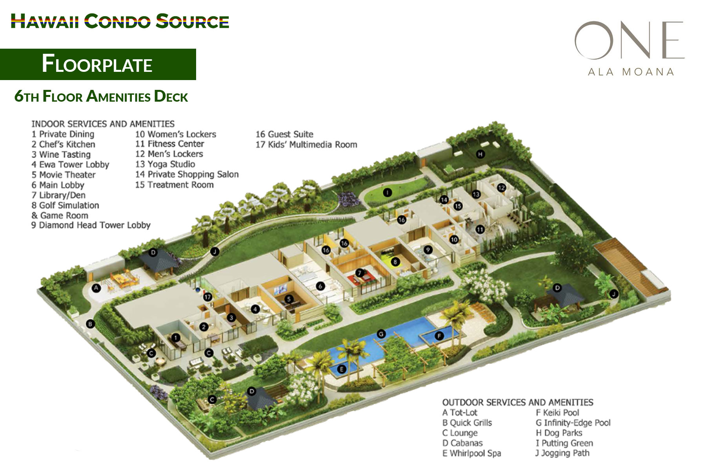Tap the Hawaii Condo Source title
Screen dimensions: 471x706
pyautogui.click(x=120, y=21)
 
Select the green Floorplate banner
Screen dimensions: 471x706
pyautogui.click(x=98, y=64)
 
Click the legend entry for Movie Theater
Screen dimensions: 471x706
pyautogui.click(x=64, y=175)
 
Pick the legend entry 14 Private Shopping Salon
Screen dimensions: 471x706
pyautogui.click(x=187, y=174)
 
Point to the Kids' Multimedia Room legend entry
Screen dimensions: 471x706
pyautogui.click(x=306, y=144)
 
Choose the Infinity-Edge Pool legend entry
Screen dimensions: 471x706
pyautogui.click(x=573, y=423)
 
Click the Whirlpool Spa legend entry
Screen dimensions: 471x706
pyautogui.click(x=471, y=453)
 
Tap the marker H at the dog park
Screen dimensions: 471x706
pyautogui.click(x=480, y=154)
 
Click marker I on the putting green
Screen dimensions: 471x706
pyautogui.click(x=388, y=192)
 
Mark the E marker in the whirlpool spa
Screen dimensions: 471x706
pyautogui.click(x=342, y=369)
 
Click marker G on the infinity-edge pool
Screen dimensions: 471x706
pyautogui.click(x=381, y=334)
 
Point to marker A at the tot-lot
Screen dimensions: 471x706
pyautogui.click(x=96, y=288)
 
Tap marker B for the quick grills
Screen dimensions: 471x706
pyautogui.click(x=91, y=324)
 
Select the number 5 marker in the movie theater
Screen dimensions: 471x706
pyautogui.click(x=289, y=299)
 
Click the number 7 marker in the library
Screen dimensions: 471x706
pyautogui.click(x=359, y=273)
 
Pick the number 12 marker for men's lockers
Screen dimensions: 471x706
pyautogui.click(x=501, y=188)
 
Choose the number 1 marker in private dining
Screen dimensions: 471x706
pyautogui.click(x=176, y=338)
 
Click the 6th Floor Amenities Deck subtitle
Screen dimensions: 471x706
pyautogui.click(x=101, y=97)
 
